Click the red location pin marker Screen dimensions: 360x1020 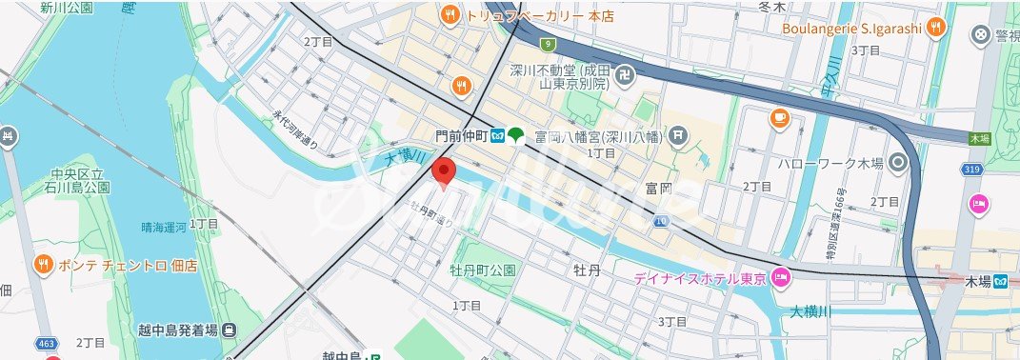click(443, 173)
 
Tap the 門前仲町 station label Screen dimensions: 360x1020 click(460, 135)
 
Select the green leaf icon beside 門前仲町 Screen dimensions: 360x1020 click(515, 135)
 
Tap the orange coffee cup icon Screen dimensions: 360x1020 click(779, 118)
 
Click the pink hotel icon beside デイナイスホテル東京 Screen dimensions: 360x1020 click(781, 278)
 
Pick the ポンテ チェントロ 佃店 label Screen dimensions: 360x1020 click(128, 265)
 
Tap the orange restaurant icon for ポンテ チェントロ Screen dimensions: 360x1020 click(43, 264)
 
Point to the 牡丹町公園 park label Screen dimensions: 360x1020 click(483, 270)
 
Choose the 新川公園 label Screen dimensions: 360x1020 click(67, 8)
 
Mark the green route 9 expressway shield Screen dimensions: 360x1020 click(548, 44)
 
